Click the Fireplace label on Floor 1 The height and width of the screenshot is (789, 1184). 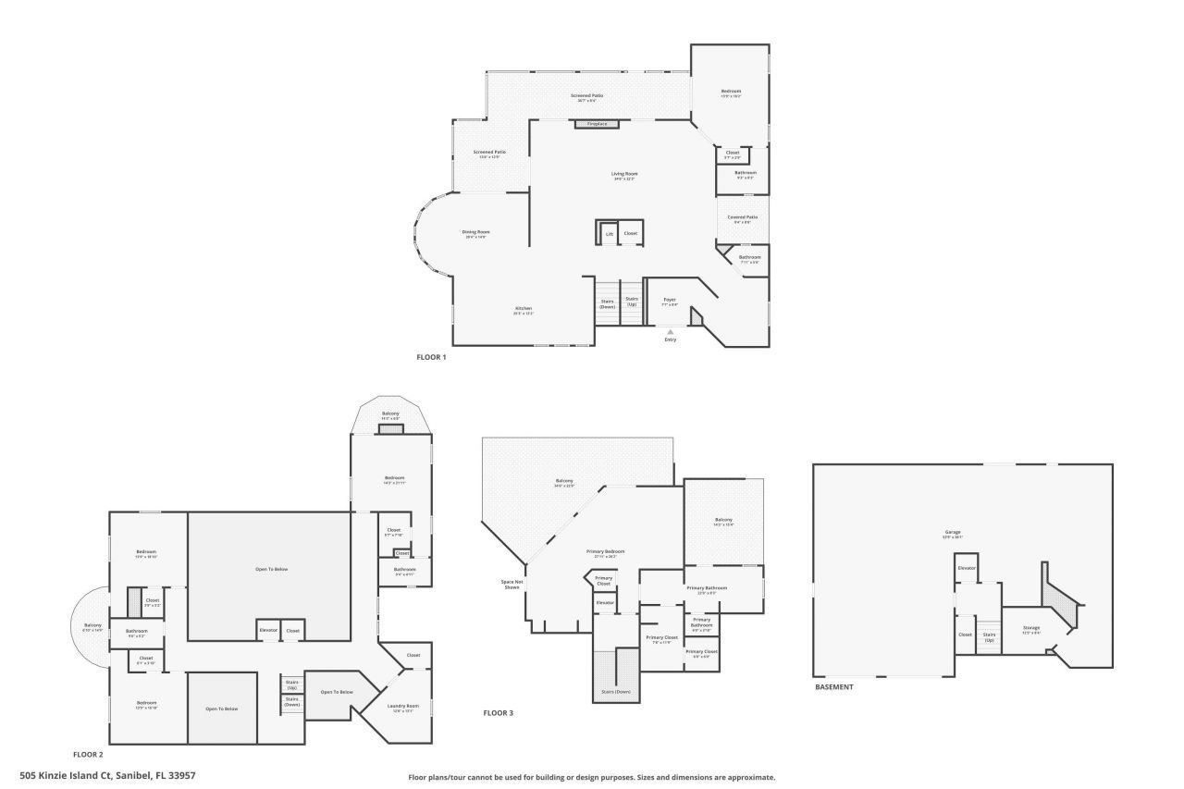pos(597,123)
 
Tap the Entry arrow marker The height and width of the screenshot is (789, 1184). pos(671,331)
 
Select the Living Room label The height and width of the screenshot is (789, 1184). pos(624,174)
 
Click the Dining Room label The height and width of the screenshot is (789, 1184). pos(476,232)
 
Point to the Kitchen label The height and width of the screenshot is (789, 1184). pos(524,309)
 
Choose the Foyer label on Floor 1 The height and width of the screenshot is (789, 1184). pos(670,300)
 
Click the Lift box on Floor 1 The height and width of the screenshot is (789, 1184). pos(609,234)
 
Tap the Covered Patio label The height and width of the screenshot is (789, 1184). pos(743,217)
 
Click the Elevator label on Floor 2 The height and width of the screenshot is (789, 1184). pos(268,630)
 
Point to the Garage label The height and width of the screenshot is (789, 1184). pos(953,532)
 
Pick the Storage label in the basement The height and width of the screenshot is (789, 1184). pos(1030,628)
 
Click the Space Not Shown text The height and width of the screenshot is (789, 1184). pos(512,584)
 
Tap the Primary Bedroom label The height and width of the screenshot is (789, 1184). pos(606,551)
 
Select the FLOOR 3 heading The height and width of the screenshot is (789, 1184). pos(498,713)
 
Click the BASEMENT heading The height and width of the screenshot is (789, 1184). pos(833,687)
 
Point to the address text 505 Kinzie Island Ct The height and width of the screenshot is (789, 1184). pos(107,775)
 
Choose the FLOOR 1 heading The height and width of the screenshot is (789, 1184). pos(432,356)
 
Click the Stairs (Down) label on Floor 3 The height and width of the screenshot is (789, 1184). pos(615,691)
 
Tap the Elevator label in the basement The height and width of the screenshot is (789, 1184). pos(967,568)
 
